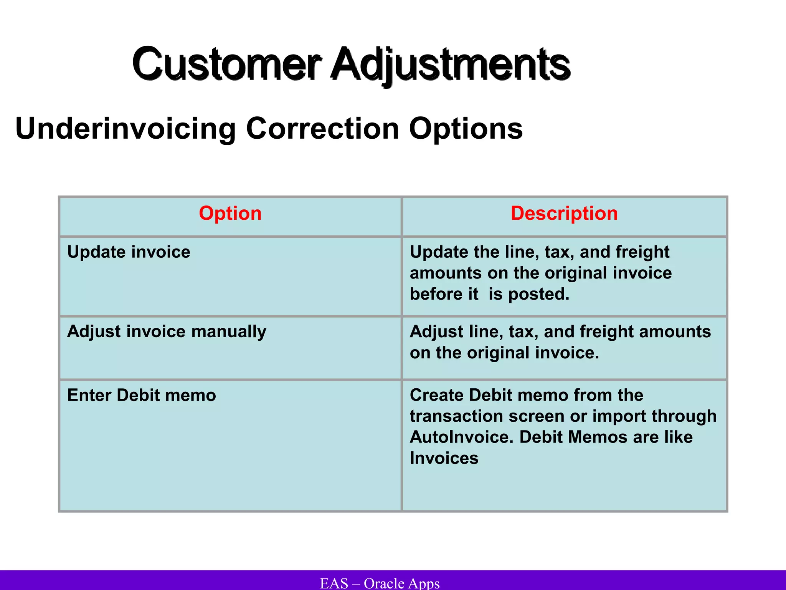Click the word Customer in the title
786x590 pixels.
[x=226, y=64]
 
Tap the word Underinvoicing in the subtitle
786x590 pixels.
[x=125, y=129]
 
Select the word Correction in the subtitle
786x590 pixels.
[x=322, y=129]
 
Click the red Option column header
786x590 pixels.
[x=230, y=213]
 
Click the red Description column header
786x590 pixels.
[x=564, y=213]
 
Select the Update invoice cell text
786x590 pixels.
[x=129, y=252]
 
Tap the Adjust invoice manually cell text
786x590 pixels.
[x=167, y=331]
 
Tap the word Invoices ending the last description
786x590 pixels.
[x=444, y=458]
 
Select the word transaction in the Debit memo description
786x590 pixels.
[x=456, y=416]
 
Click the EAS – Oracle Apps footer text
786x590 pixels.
[x=380, y=583]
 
